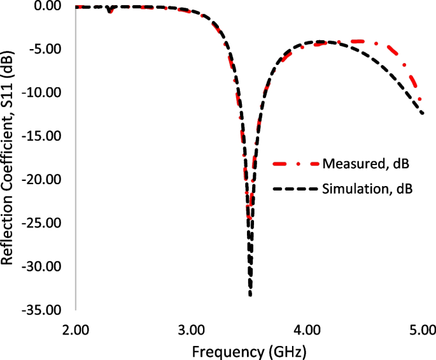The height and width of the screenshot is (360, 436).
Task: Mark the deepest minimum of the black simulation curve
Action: pyautogui.click(x=250, y=294)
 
